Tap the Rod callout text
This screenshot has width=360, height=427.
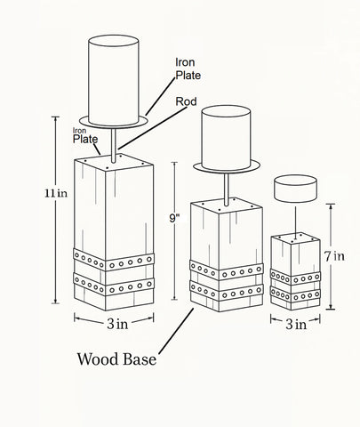[188, 101]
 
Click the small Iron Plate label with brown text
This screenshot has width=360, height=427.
[85, 135]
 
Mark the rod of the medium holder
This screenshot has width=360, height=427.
[228, 187]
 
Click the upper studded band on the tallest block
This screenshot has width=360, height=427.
[114, 261]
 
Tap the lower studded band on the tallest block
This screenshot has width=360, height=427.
[114, 286]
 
